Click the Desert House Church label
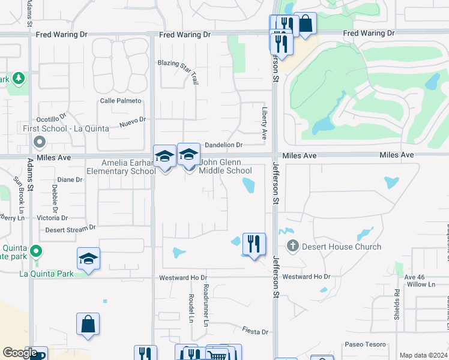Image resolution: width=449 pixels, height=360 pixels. [x=342, y=247]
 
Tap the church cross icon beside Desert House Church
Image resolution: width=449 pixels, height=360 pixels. [x=293, y=245]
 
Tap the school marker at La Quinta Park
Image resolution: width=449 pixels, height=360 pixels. [x=88, y=259]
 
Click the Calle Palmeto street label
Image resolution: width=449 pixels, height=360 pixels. [x=121, y=101]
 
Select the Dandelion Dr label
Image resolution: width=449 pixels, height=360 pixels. [x=223, y=145]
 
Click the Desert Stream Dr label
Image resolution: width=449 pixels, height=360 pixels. [x=71, y=229]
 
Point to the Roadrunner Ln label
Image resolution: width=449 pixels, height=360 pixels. [x=205, y=305]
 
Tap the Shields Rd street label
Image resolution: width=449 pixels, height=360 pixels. [x=397, y=300]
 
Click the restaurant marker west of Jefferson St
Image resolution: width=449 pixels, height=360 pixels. [x=254, y=243]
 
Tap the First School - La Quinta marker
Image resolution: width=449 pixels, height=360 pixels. [x=40, y=142]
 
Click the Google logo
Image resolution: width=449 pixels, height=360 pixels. [x=20, y=353]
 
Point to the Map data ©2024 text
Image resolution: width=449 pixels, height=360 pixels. [x=423, y=355]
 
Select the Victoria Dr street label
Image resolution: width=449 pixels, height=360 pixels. [x=52, y=218]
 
